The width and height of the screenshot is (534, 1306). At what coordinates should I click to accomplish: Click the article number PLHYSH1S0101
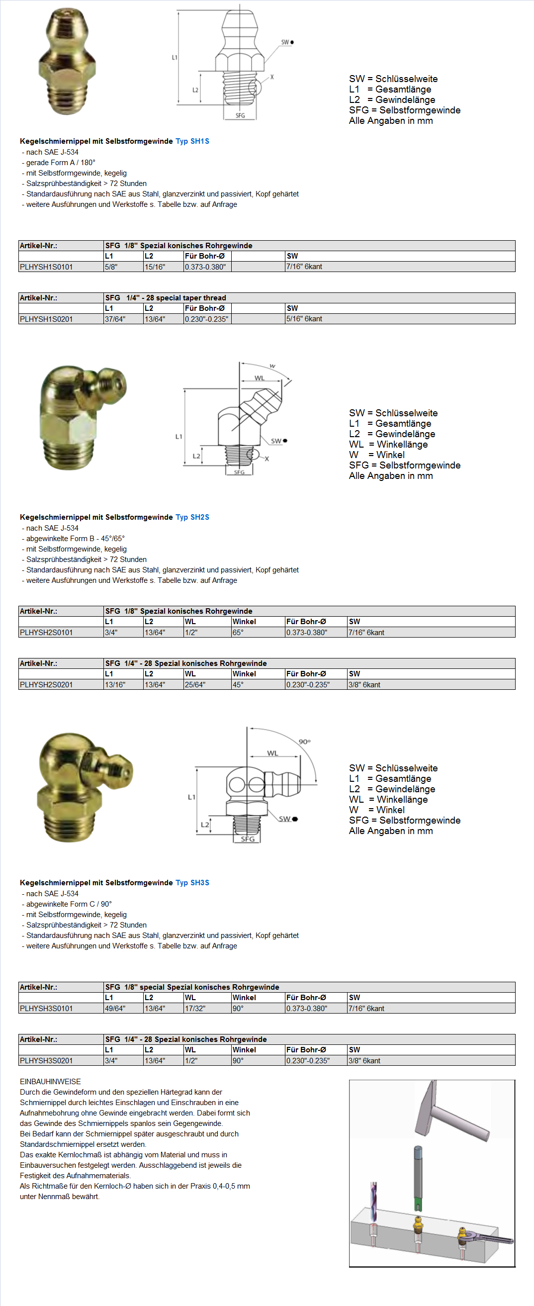coord(46,267)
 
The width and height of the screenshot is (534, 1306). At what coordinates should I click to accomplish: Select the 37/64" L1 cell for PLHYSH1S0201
coord(115,319)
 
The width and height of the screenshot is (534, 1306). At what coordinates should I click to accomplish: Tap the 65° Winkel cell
coord(238,632)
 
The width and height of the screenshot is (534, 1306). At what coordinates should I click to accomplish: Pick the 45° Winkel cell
coord(238,684)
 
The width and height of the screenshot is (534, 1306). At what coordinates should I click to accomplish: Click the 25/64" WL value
coord(195,684)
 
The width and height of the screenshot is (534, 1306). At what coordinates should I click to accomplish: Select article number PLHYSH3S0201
coord(46,1060)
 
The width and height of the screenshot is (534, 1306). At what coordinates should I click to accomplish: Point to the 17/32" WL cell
coord(195,1009)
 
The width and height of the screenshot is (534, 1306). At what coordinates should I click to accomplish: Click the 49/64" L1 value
coord(115,1009)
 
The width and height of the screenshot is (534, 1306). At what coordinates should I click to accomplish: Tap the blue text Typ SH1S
coord(192,141)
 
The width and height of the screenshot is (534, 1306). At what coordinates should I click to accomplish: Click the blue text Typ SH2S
coord(192,517)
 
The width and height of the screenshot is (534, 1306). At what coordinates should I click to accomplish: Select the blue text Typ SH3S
coord(192,883)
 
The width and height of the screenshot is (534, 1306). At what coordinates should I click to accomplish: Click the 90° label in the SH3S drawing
coord(304,742)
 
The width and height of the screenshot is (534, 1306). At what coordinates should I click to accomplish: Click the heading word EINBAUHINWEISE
coord(50,1081)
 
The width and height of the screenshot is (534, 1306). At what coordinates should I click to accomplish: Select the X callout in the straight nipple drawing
coord(272,77)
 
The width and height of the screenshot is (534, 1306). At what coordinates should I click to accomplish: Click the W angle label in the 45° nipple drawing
coord(272,366)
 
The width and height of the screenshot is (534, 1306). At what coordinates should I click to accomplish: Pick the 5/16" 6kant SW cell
coord(304,319)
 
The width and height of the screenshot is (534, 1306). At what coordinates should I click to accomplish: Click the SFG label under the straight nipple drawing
coord(240,115)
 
